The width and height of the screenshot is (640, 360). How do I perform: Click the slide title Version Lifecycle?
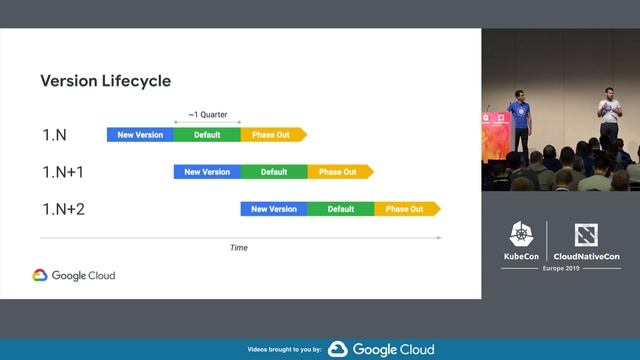point(105,81)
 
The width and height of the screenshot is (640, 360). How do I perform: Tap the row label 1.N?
point(54,134)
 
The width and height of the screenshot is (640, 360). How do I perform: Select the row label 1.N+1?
point(62,172)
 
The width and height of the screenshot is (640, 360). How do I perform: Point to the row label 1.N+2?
point(63,209)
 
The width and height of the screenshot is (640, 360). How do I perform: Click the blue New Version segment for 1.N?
point(140,134)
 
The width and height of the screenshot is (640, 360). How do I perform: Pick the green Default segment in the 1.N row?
point(207,134)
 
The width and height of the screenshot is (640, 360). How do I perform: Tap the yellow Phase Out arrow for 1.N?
point(272,134)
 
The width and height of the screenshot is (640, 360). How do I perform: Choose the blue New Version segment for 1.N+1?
point(207,172)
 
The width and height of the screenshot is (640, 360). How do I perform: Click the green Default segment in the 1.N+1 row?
point(274,172)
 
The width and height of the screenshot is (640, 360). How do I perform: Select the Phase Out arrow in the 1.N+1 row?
point(339,172)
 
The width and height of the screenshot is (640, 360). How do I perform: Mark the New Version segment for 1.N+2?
point(274,209)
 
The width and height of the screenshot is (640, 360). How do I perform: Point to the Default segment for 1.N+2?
point(341,209)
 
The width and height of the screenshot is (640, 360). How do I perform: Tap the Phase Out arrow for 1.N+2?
point(406,209)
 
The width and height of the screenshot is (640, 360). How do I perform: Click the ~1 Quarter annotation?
point(207,114)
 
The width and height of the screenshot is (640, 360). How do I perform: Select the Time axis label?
point(239,248)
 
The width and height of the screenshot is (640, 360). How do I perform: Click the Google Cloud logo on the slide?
point(73,275)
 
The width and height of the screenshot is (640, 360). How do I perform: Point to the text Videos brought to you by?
point(285,350)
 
